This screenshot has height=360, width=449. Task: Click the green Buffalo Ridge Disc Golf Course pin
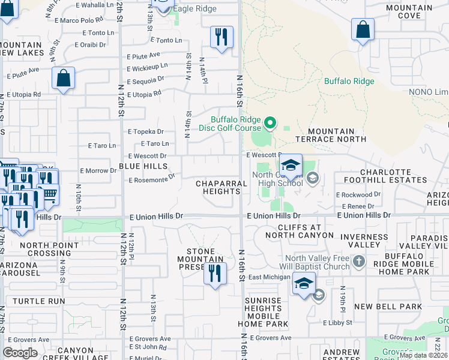tap(270, 124)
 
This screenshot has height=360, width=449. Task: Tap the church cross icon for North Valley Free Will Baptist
tap(358, 262)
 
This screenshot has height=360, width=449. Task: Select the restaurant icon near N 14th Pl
tap(221, 37)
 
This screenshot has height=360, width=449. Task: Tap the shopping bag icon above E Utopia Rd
tap(63, 79)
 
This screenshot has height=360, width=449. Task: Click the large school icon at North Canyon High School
tap(291, 166)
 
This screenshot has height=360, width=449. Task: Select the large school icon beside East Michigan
tap(304, 283)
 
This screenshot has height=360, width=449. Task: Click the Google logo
tap(20, 353)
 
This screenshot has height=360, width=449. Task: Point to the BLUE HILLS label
tap(143, 166)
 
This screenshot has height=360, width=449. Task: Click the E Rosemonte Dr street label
tap(151, 178)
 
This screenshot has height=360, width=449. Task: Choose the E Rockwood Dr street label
tap(358, 194)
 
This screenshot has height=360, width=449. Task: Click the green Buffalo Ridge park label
tap(349, 81)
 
